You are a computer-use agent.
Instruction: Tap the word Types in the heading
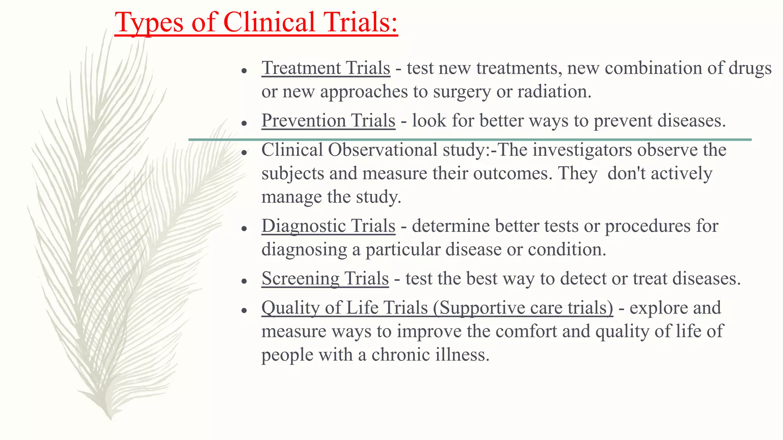pyautogui.click(x=149, y=23)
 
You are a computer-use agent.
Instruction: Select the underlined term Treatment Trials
pyautogui.click(x=326, y=68)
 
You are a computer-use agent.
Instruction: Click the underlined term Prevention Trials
pyautogui.click(x=328, y=120)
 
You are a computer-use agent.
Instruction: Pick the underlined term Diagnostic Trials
pyautogui.click(x=328, y=226)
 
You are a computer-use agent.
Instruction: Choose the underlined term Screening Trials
pyautogui.click(x=325, y=278)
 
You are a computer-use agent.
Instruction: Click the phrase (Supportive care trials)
pyautogui.click(x=523, y=307)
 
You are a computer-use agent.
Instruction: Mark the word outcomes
pyautogui.click(x=513, y=173)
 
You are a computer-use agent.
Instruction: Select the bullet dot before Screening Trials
pyautogui.click(x=245, y=281)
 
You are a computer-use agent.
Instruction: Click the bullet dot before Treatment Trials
pyautogui.click(x=245, y=71)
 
